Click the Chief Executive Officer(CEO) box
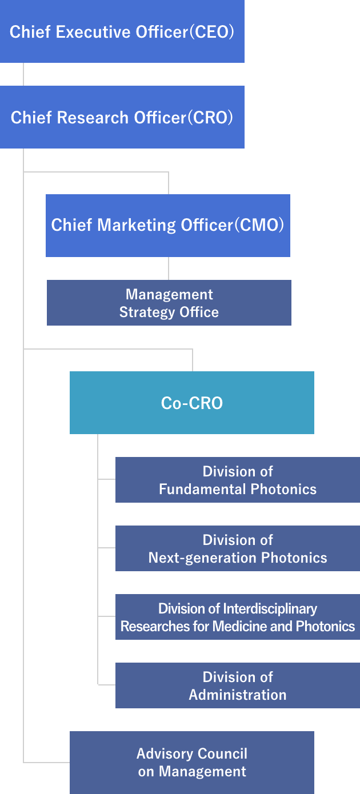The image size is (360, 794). coord(122,31)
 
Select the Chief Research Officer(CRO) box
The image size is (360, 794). coord(122,117)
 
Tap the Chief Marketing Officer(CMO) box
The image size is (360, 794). coord(168,226)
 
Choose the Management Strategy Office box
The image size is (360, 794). coord(169,303)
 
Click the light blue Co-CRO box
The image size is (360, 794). coord(192,403)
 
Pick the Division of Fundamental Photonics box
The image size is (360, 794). coord(238,480)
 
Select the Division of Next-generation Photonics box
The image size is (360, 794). coord(238,548)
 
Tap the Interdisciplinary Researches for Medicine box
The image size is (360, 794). coord(238,617)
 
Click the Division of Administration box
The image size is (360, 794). coord(238,685)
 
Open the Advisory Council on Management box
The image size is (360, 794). coord(192,763)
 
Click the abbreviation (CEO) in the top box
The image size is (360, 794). coord(212,32)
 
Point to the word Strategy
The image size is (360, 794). coord(147,312)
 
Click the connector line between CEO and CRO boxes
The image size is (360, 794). coord(23,74)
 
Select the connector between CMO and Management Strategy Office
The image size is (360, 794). coord(169,268)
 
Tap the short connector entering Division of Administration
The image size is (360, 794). coord(106,684)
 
